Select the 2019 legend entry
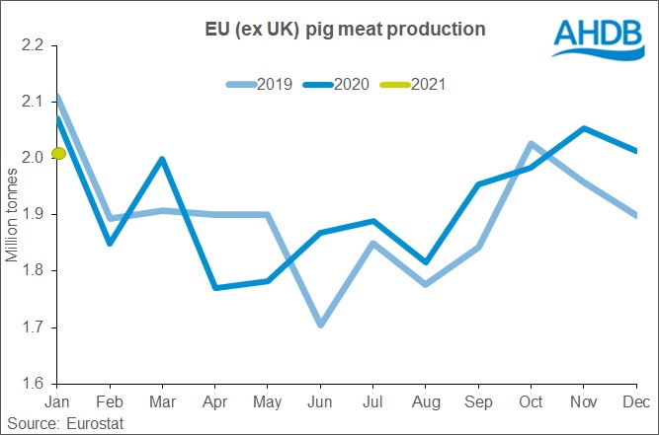(258, 83)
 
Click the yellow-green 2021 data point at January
(58, 153)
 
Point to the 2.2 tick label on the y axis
(34, 44)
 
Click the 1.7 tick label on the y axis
(34, 326)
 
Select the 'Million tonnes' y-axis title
(13, 213)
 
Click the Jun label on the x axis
(318, 402)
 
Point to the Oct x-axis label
(531, 402)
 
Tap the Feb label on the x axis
(109, 402)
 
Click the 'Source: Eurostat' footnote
(63, 422)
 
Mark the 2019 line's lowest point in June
(320, 325)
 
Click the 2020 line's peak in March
(162, 159)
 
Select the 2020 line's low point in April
(215, 287)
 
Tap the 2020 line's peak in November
(584, 128)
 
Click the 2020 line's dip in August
(425, 262)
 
